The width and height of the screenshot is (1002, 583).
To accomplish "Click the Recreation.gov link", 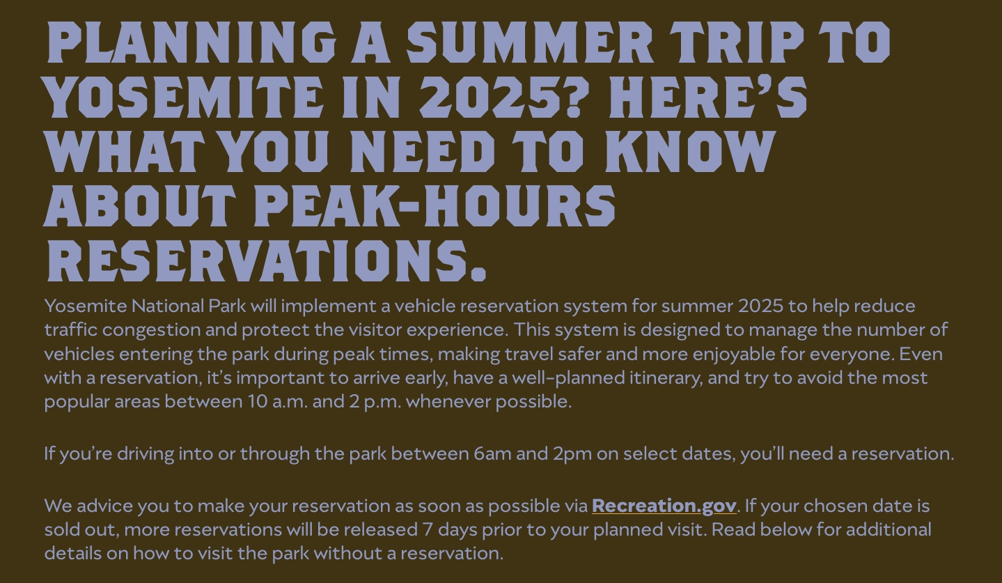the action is pos(664,506).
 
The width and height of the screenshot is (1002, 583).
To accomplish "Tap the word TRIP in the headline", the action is pos(737,42).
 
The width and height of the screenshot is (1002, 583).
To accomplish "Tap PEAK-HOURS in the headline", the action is pos(435,206).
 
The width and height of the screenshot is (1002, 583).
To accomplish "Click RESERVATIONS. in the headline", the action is pos(267,261).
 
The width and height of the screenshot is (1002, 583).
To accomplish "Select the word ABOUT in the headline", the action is pos(139,206).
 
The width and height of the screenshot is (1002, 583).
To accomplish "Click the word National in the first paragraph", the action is pos(168,306).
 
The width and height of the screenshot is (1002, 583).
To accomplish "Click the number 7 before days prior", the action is pos(428,530).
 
